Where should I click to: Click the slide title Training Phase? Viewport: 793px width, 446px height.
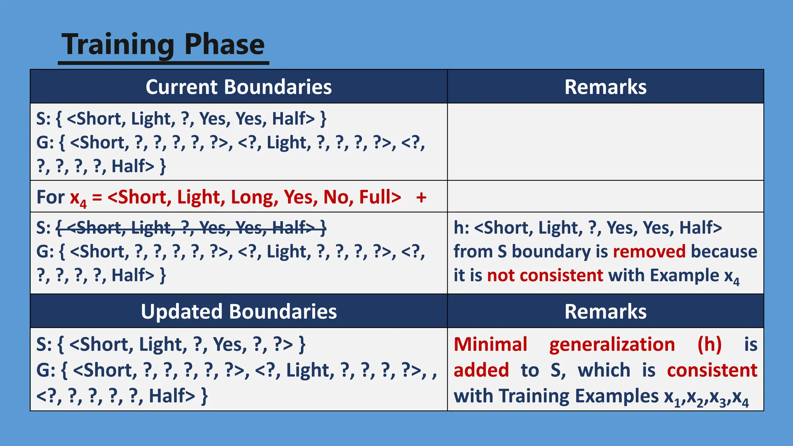tap(163, 44)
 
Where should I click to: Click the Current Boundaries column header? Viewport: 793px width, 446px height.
tap(239, 87)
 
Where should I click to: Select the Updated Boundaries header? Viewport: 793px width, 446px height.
tap(239, 312)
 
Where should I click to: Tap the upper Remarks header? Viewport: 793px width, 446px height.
tap(605, 87)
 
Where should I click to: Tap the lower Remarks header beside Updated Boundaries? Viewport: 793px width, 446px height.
tap(605, 312)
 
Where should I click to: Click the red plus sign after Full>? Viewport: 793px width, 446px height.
tap(421, 197)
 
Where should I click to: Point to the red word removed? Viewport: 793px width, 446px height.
tap(649, 252)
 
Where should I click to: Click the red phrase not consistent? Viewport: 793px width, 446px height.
tap(545, 276)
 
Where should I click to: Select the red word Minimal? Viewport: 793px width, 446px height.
tap(490, 345)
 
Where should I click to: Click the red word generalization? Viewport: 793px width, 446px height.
tap(612, 345)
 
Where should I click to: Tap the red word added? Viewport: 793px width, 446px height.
tap(481, 370)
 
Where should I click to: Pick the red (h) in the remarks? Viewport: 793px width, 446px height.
tap(709, 345)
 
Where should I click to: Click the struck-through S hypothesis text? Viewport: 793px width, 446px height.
tap(191, 228)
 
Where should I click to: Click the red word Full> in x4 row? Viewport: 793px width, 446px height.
tap(380, 197)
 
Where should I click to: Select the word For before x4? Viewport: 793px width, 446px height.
tap(50, 197)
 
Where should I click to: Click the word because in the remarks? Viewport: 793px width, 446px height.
tap(724, 252)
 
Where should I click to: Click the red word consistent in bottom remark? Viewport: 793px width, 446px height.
tap(712, 370)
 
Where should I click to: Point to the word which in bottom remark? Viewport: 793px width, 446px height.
tap(604, 370)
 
